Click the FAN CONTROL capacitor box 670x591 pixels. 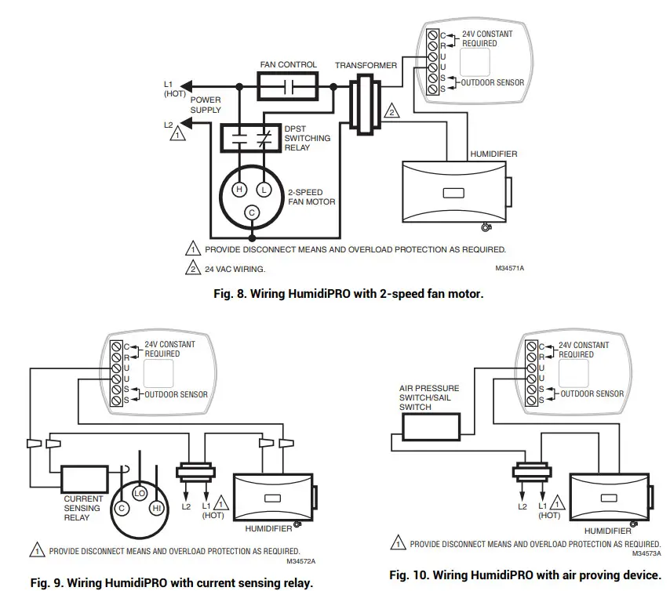coord(288,85)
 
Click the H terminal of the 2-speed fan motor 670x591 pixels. coord(240,188)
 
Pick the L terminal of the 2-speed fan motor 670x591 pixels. coord(265,188)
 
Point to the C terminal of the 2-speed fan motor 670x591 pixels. coord(252,212)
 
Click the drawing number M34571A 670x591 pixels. coord(509,268)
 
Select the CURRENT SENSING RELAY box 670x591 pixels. coord(84,478)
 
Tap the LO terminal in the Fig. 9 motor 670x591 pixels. coord(139,493)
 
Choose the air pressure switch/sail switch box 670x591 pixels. coord(430,428)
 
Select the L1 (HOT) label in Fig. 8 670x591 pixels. coord(173,88)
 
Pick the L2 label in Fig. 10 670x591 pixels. coord(523,507)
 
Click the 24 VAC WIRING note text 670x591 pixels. coord(235,269)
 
